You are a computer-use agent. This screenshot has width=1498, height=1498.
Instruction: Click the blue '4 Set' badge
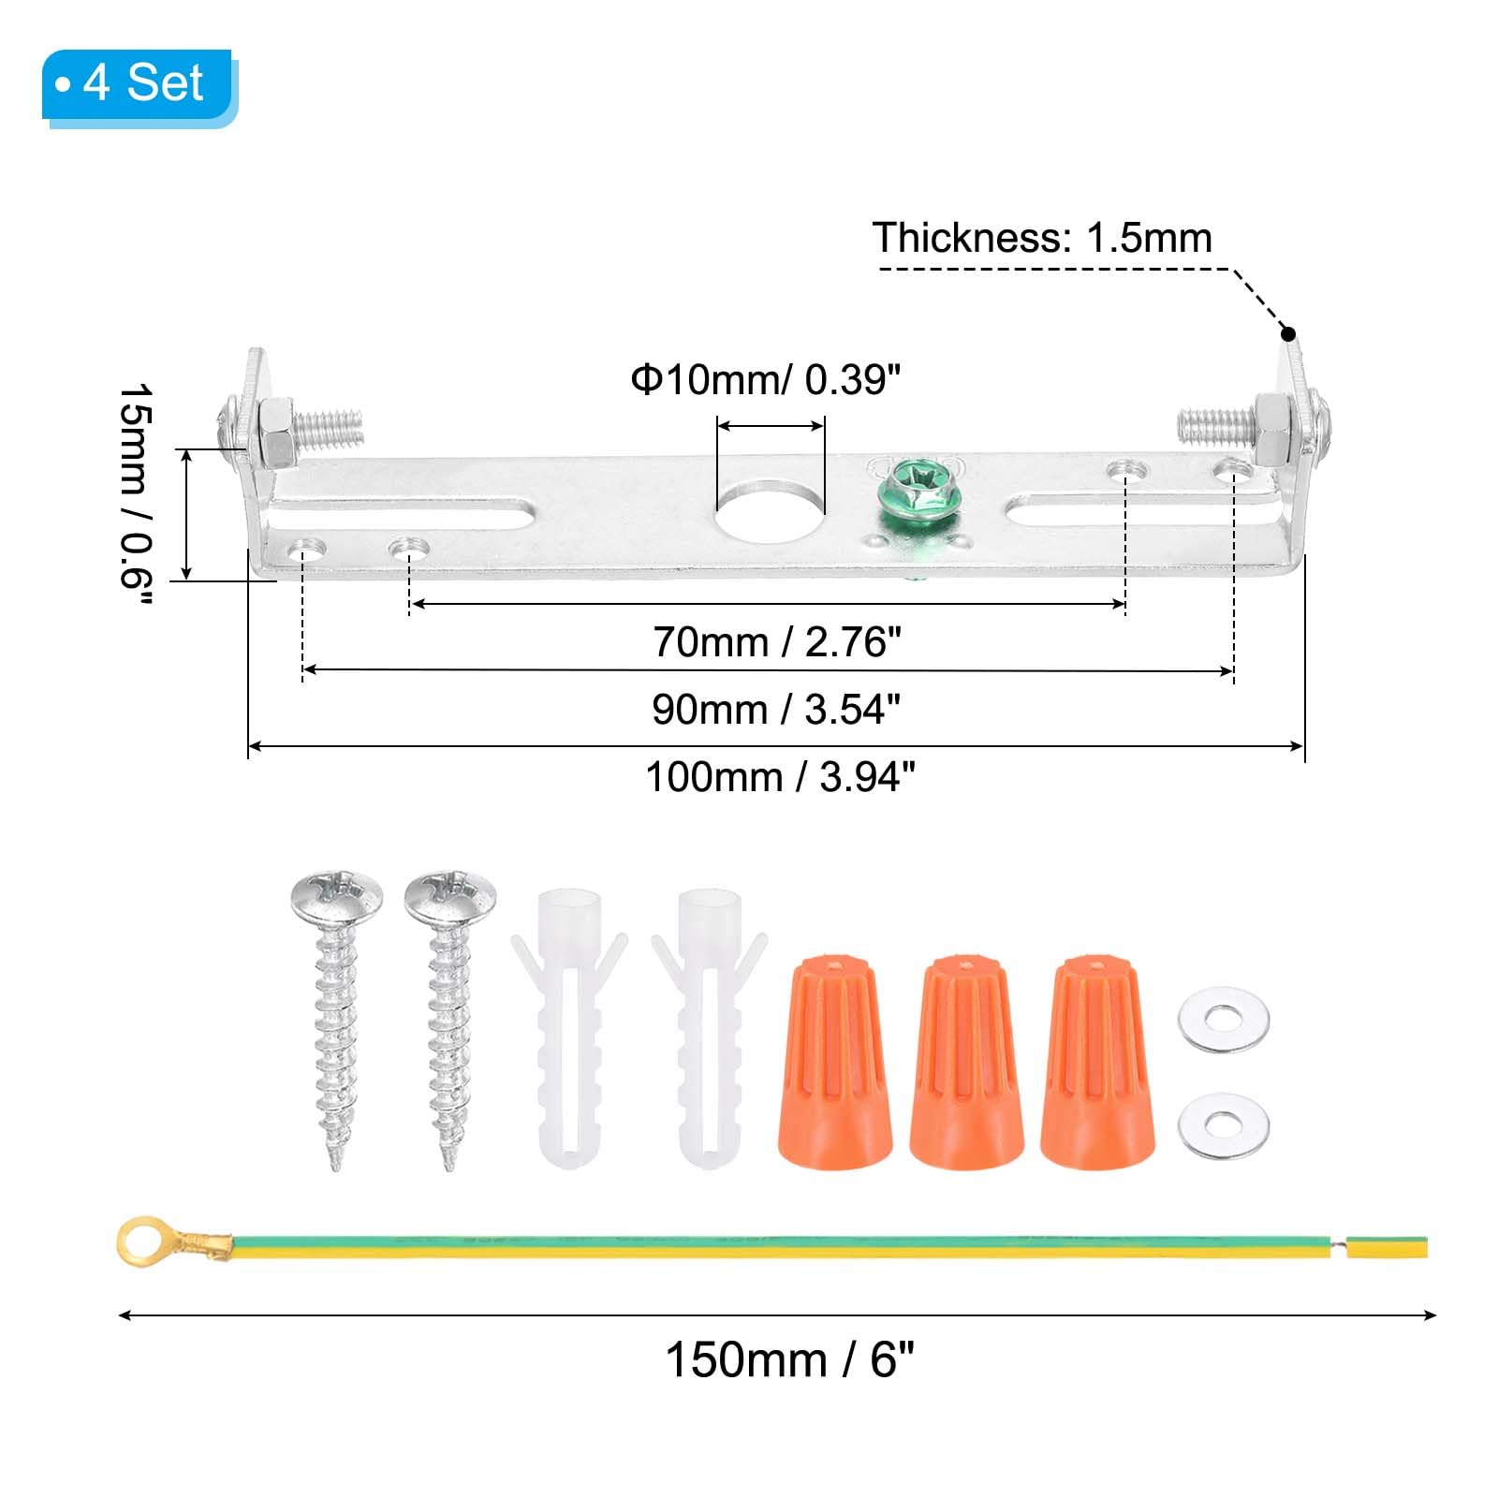140,87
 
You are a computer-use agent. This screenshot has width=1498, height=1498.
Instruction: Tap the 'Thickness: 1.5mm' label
1042,238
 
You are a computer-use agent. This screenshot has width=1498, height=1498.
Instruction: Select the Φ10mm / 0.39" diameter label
765,380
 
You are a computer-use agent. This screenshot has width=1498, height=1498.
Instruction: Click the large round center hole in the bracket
770,511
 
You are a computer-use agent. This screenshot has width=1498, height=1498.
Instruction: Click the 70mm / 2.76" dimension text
777,642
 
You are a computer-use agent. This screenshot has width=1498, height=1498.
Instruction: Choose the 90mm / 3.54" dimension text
776,710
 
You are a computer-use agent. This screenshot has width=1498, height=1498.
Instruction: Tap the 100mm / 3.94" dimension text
780,777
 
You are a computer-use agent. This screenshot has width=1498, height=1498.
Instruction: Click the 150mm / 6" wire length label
789,1360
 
